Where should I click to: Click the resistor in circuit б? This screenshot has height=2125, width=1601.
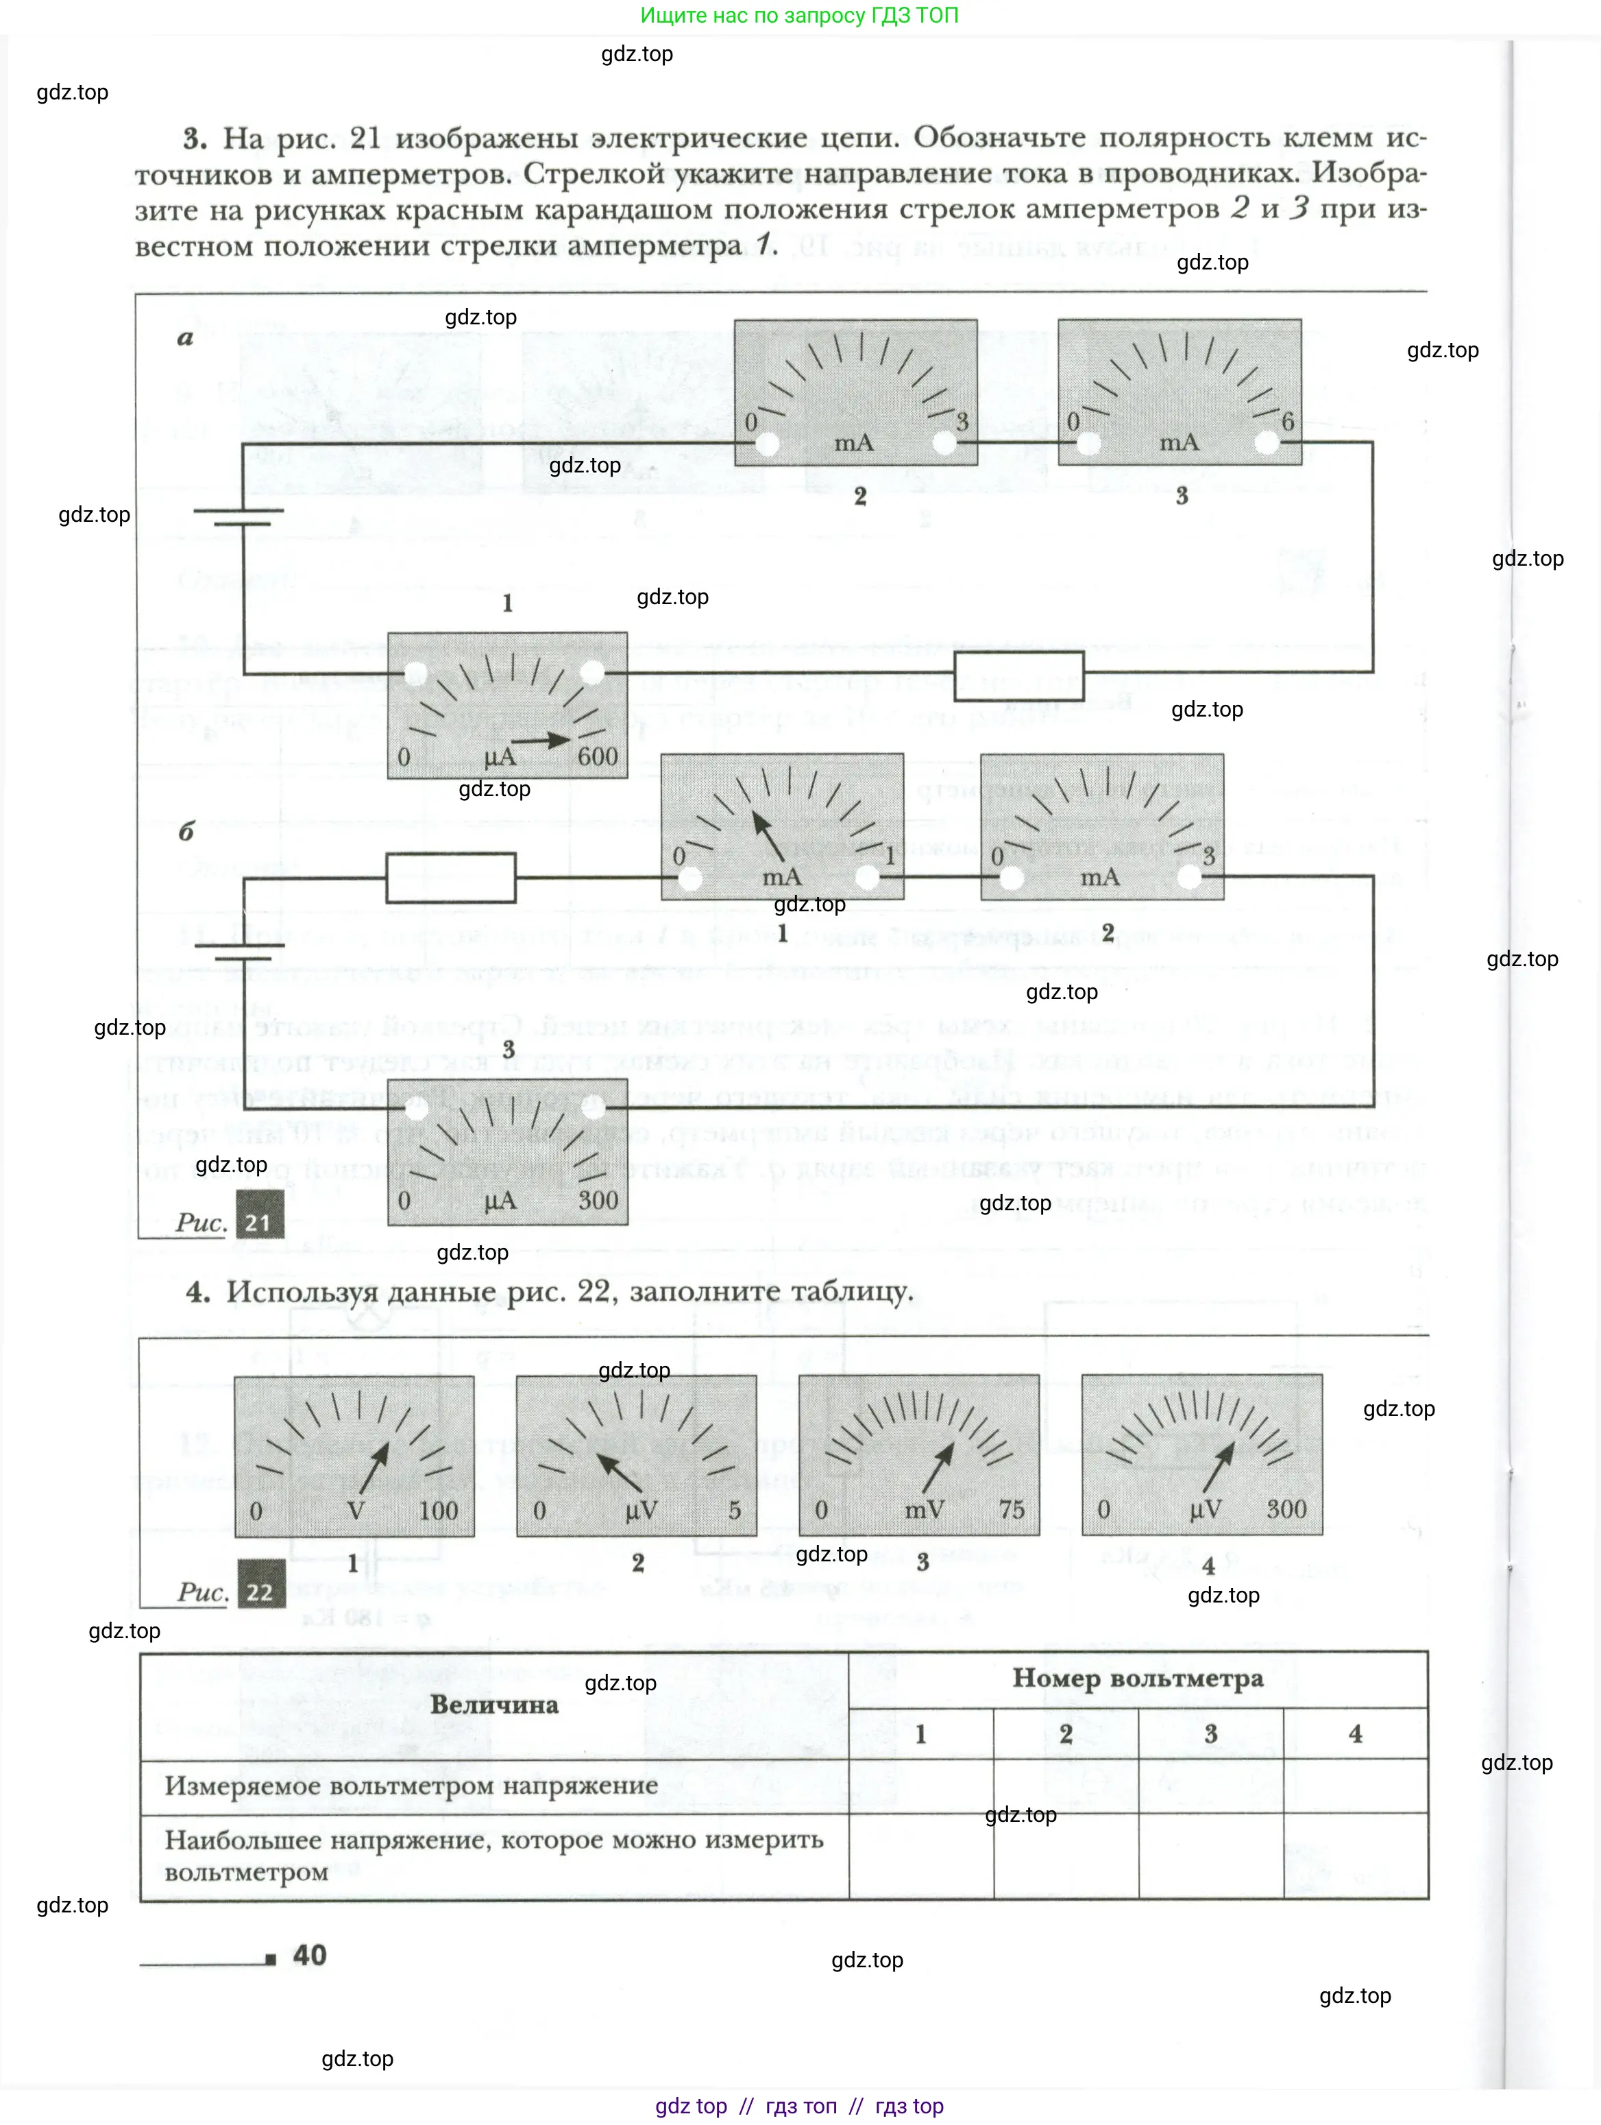[450, 877]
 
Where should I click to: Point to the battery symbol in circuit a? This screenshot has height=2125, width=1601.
[239, 517]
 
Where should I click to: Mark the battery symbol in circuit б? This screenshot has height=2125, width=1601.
[240, 951]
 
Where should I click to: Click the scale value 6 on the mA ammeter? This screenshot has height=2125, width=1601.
[1287, 421]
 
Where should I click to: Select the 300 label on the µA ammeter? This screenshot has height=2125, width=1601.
[598, 1200]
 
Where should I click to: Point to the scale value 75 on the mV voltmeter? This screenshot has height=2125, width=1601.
[1012, 1509]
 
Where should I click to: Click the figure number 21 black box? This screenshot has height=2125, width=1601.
[259, 1222]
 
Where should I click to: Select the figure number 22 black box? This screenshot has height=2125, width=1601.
[260, 1592]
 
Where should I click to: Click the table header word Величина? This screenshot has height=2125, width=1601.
[493, 1704]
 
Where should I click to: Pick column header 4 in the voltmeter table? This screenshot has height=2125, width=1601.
[1354, 1733]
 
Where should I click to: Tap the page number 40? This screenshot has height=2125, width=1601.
[309, 1954]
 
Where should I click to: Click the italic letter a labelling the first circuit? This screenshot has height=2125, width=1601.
[185, 337]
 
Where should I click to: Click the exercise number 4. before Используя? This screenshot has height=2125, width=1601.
[198, 1291]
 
